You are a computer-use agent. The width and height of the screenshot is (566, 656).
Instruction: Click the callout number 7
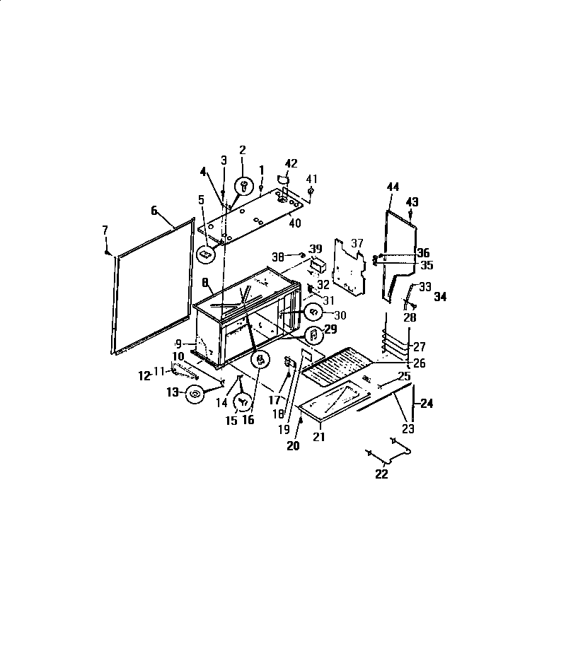[x=105, y=230]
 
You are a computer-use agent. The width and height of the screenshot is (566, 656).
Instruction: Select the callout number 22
[x=381, y=474]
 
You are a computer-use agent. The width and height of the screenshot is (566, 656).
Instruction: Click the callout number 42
[x=291, y=163]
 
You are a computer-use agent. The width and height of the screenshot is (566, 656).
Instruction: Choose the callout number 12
[x=144, y=376]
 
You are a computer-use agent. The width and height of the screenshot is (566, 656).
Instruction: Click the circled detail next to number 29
[x=311, y=334]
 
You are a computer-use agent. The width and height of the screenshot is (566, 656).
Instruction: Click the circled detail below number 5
[x=206, y=252]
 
